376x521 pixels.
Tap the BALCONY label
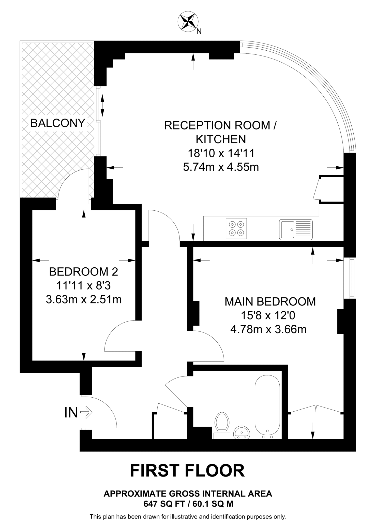58,123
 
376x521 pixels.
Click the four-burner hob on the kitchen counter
236,228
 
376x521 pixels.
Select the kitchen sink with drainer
295,229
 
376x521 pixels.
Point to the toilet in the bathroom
222,424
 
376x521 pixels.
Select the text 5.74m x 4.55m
221,167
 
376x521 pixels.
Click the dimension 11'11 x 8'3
83,286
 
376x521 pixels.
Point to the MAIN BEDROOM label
270,301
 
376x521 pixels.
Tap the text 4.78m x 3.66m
268,329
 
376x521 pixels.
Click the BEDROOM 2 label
83,272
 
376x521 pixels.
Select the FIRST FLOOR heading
187,471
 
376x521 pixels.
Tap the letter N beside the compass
199,31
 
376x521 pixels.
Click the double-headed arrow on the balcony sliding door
102,105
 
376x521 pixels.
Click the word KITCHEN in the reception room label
221,139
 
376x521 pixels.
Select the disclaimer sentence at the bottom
188,517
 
